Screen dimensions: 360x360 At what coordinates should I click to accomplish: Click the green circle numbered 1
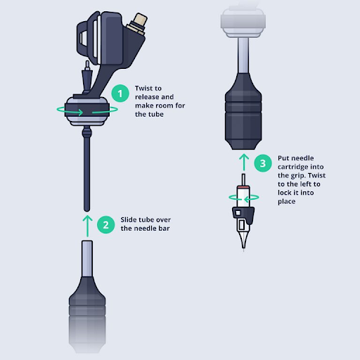120,93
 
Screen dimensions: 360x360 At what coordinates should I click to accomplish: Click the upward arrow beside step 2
86,224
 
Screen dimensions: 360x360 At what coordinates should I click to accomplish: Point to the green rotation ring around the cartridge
243,198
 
